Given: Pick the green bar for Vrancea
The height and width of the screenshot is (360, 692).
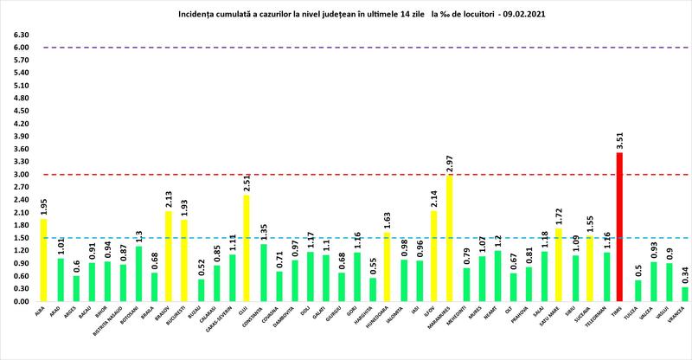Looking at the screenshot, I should click(684, 294).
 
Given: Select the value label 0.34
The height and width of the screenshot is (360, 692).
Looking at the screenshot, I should click(684, 276).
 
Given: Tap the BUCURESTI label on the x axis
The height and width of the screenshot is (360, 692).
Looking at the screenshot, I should click(183, 317).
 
